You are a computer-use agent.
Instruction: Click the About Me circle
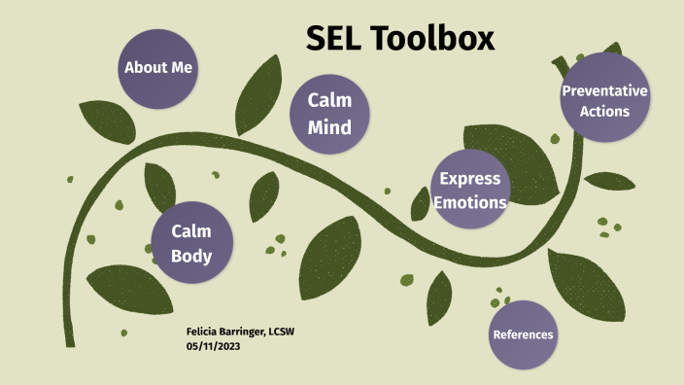pyautogui.click(x=158, y=68)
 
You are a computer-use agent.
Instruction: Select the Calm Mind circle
pyautogui.click(x=329, y=115)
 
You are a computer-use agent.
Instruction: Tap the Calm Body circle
pyautogui.click(x=191, y=244)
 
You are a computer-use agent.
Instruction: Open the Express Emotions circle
pyautogui.click(x=470, y=190)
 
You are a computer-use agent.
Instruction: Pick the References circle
pyautogui.click(x=524, y=334)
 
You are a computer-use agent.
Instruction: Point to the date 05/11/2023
pyautogui.click(x=213, y=347)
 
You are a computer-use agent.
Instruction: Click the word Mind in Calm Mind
pyautogui.click(x=329, y=127)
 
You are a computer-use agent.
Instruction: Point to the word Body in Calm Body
pyautogui.click(x=191, y=257)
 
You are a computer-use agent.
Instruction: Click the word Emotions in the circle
pyautogui.click(x=470, y=202)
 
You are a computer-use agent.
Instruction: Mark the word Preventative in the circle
pyautogui.click(x=604, y=90)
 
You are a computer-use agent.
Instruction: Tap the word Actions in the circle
pyautogui.click(x=604, y=111)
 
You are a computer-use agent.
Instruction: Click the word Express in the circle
pyautogui.click(x=470, y=178)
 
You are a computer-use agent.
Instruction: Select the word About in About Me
pyautogui.click(x=145, y=68)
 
